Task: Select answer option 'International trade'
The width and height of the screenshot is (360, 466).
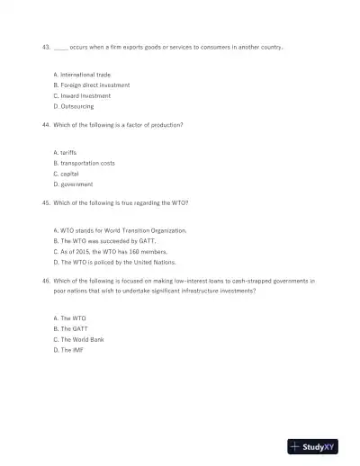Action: coord(82,75)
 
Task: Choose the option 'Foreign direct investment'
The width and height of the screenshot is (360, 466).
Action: coord(92,85)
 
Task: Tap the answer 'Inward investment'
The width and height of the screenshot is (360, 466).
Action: coord(85,95)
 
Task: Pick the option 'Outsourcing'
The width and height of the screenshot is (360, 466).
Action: coord(76,106)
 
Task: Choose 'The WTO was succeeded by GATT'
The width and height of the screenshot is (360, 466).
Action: coord(103,241)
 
